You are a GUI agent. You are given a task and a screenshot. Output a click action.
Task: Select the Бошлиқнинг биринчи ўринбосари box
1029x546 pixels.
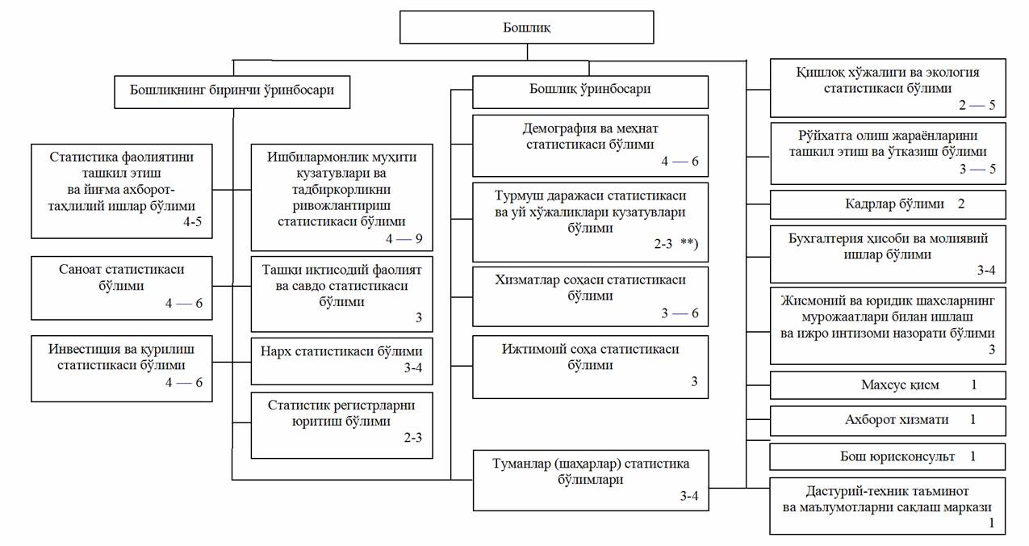(232, 90)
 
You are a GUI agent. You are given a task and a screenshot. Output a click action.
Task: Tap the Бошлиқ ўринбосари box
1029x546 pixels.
(590, 90)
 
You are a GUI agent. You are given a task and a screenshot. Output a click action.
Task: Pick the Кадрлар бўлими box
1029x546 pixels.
(888, 204)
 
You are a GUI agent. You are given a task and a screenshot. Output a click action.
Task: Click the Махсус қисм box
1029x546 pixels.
(888, 385)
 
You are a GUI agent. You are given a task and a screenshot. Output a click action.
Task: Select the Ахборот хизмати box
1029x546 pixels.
(888, 420)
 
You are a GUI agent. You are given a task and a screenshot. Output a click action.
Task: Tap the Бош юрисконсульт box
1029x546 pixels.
(888, 456)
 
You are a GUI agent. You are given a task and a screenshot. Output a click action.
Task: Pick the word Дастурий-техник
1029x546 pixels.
(845, 490)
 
